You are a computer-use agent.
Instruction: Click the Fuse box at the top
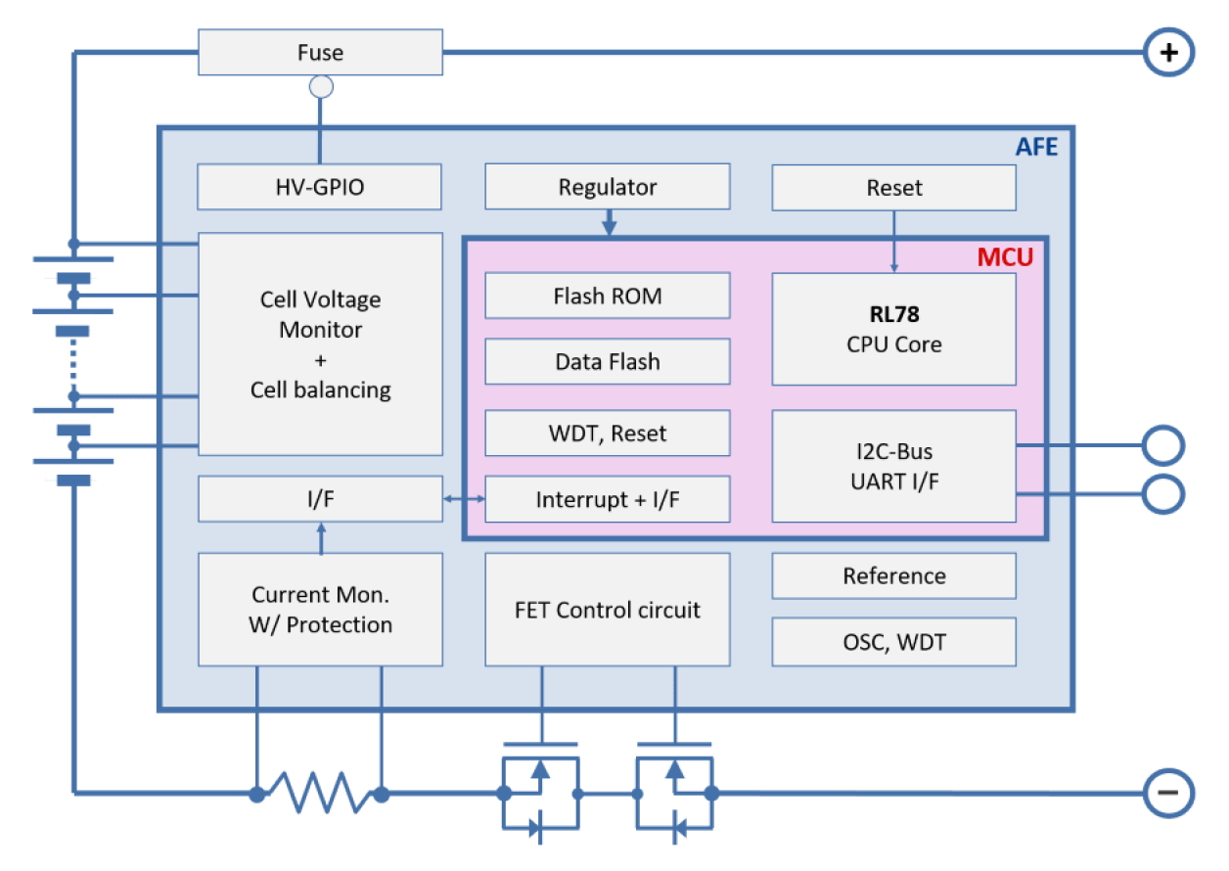tap(320, 52)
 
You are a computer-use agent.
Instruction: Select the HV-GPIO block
tap(320, 186)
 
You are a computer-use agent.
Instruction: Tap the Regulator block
tap(608, 186)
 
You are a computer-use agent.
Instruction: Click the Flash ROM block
tap(608, 296)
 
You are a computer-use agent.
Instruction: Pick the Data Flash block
tap(608, 361)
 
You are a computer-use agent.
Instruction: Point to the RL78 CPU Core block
tap(893, 329)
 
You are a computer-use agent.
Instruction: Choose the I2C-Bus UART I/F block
tap(893, 465)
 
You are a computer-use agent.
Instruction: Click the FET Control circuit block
tap(608, 610)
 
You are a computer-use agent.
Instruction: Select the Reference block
tap(893, 575)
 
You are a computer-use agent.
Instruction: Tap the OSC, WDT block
tap(893, 642)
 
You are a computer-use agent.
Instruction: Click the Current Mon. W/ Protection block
tap(320, 610)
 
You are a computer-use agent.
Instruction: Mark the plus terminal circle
tap(1168, 52)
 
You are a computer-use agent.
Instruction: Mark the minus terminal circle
tap(1168, 792)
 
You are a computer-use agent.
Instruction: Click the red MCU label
tap(1005, 257)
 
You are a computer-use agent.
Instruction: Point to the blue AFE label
tap(1036, 147)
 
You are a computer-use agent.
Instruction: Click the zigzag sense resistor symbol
tap(319, 791)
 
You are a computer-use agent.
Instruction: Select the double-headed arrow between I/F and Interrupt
tap(464, 499)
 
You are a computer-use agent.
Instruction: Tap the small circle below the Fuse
tap(320, 87)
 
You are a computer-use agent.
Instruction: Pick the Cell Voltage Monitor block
tap(320, 344)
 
